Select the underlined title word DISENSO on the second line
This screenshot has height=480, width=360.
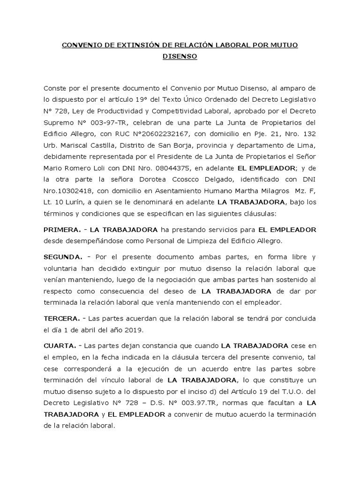[x=180, y=57]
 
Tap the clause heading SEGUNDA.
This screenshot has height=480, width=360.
[x=63, y=257]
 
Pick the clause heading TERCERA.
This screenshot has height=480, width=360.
[x=61, y=318]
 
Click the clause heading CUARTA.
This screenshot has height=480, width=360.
[x=60, y=346]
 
